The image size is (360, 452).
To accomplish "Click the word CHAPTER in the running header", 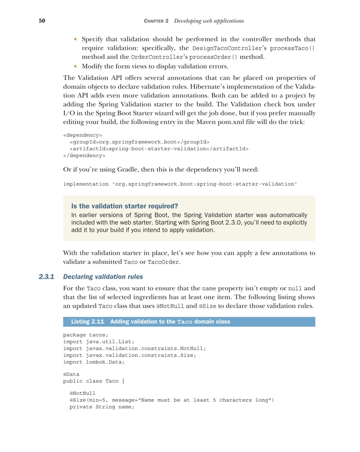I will click(x=156, y=21).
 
